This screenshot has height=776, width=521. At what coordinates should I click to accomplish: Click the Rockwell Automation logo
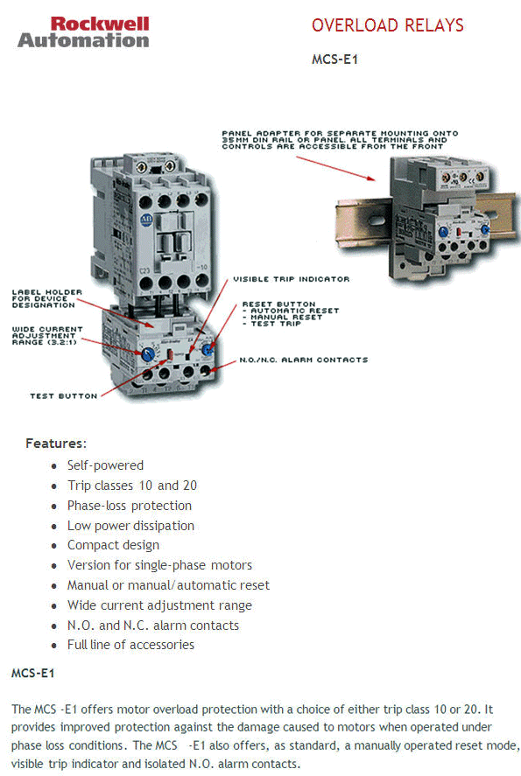[x=83, y=31]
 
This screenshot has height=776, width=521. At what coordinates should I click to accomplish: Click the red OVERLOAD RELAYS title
[x=387, y=25]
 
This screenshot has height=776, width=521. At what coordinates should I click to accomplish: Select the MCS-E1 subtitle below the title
[x=334, y=60]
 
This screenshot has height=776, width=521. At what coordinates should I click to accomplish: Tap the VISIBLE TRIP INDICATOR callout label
[x=291, y=279]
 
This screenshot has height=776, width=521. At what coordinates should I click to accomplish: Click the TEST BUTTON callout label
[x=64, y=395]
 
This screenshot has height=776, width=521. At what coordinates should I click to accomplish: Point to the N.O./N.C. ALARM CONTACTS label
[x=303, y=360]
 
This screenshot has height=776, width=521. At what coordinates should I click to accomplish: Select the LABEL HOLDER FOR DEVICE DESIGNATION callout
[x=47, y=299]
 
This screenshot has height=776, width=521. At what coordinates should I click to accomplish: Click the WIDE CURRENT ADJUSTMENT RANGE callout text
[x=49, y=336]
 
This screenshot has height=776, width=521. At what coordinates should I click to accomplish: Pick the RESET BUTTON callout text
[x=289, y=314]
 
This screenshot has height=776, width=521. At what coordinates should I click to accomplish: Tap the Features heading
[x=56, y=444]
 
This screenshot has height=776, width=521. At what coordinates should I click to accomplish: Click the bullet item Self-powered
[x=105, y=465]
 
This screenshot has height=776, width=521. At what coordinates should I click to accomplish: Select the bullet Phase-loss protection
[x=129, y=506]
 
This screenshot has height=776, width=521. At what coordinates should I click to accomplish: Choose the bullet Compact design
[x=113, y=545]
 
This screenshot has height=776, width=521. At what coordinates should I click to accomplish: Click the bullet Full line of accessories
[x=130, y=645]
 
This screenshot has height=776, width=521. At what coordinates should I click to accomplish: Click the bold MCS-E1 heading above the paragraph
[x=32, y=674]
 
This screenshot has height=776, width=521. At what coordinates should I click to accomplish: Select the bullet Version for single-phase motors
[x=159, y=565]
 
